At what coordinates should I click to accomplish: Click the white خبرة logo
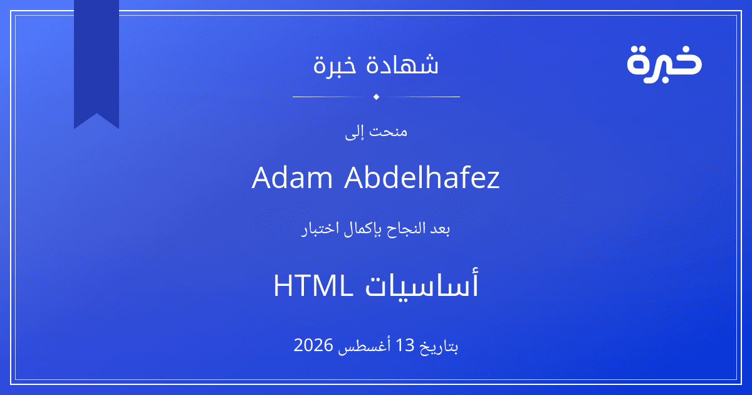(664, 64)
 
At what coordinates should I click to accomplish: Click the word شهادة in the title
(402, 64)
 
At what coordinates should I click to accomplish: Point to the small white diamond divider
(377, 97)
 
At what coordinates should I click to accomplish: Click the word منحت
(388, 131)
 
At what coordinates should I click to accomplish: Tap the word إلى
(355, 133)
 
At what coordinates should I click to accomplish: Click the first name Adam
(292, 177)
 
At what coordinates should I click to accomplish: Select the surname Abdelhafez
(422, 177)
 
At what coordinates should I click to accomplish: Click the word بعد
(440, 229)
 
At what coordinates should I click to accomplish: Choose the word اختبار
(320, 229)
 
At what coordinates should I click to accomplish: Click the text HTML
(313, 286)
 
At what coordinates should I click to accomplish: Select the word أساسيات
(422, 284)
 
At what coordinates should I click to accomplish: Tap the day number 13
(405, 345)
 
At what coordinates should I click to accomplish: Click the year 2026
(313, 345)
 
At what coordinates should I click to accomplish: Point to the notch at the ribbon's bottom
(97, 113)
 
